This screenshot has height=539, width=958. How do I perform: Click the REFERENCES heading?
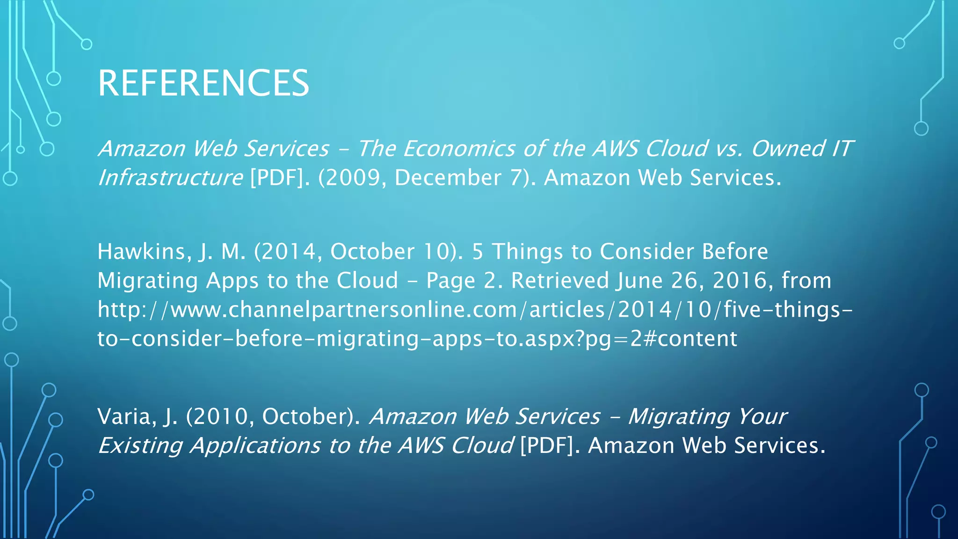pos(203,83)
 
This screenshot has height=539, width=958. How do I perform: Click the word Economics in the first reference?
pos(459,149)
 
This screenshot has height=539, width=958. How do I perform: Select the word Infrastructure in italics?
pos(170,178)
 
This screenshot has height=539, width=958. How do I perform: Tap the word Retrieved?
pos(560,281)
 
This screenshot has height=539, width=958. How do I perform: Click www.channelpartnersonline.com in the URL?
pos(344,310)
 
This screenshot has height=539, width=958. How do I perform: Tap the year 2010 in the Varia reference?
pos(220,416)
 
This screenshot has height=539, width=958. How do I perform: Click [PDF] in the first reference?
pos(276,178)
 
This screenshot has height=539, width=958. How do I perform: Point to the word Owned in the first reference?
pos(788,149)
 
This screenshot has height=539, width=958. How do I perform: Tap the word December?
pos(448,178)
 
